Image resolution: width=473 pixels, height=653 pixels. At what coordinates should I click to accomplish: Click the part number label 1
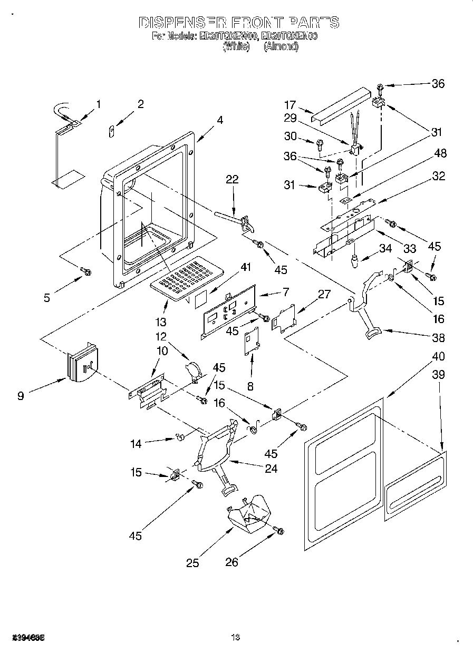coord(98,104)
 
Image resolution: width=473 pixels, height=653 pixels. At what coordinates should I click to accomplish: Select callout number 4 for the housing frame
coord(219,120)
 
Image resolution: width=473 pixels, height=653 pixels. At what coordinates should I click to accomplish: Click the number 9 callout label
coord(21,395)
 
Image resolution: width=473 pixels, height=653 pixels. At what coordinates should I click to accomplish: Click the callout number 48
coord(440,153)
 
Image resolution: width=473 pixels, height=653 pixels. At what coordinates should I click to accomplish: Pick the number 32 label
coord(439,176)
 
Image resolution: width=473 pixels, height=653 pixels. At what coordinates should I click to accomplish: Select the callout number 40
coord(438,356)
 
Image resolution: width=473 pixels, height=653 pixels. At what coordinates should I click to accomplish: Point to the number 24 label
coord(271,469)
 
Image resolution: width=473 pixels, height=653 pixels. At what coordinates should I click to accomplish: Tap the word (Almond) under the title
coord(281,46)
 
